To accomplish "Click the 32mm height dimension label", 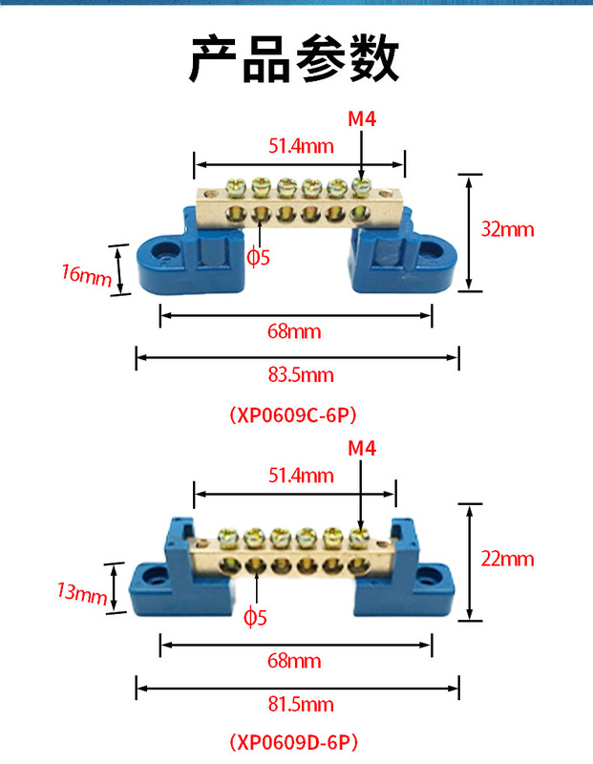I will coord(507,229).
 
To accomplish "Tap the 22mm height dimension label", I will coord(507,560).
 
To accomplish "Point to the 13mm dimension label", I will coord(82,593).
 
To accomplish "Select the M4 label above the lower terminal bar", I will coord(360,448).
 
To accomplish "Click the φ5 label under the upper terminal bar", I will coord(259,256).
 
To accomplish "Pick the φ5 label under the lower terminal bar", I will coord(256,617).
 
